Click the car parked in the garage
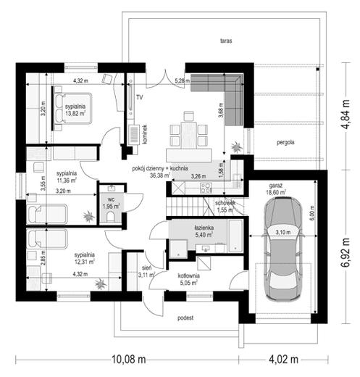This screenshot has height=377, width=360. [x=282, y=248]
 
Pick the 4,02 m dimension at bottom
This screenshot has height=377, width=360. [x=286, y=360]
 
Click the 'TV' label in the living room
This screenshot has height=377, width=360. [x=138, y=94]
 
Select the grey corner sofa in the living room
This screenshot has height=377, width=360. [x=220, y=88]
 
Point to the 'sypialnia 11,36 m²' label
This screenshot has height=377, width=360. [x=66, y=178]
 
